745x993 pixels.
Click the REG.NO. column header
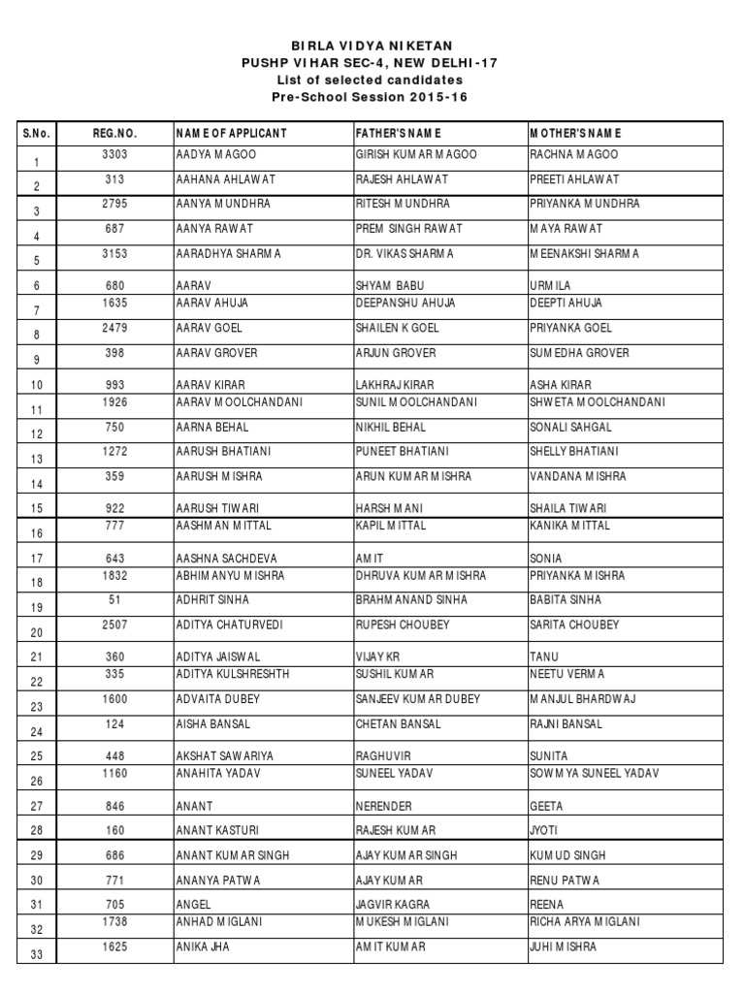[x=115, y=133]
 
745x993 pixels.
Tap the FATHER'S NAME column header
[x=398, y=133]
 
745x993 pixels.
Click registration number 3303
[x=115, y=154]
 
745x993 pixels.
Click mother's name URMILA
[x=550, y=286]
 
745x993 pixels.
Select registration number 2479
[x=115, y=328]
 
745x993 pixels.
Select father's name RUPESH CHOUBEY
[x=403, y=625]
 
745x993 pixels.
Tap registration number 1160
[x=115, y=773]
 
